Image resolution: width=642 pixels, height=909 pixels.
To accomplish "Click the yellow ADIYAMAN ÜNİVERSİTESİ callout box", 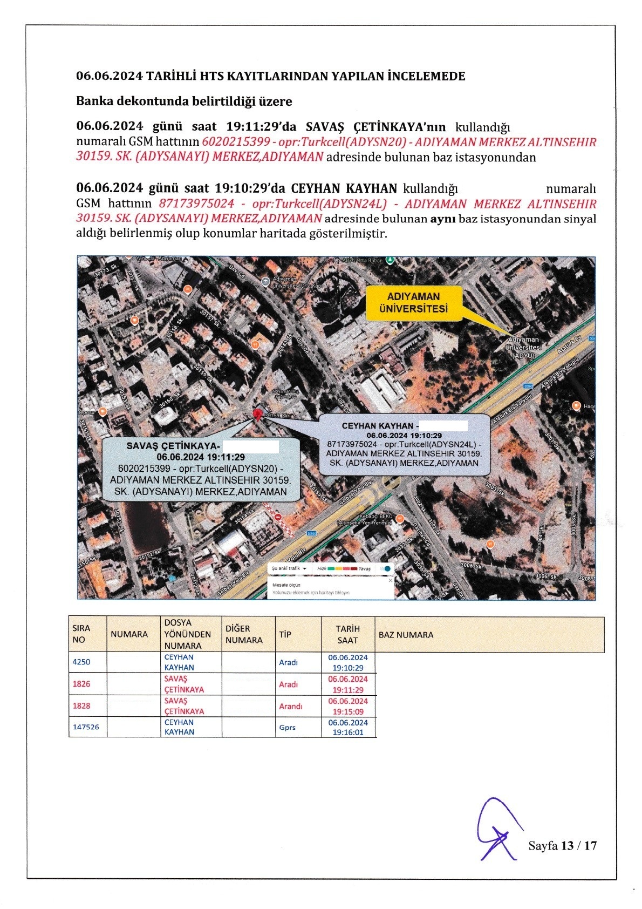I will pos(413,303).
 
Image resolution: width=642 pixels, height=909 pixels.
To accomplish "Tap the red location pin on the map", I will pos(258,415).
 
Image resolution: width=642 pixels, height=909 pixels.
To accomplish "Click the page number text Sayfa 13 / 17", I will pos(562,845).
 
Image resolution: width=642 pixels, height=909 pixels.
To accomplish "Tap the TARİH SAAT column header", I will pos(348,634).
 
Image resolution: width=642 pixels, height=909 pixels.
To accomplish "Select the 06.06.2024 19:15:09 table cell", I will pos(348,706).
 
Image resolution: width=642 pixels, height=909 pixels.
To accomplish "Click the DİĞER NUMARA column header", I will pos(244,634).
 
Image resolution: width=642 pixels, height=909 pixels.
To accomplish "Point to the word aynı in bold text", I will pos(442,219).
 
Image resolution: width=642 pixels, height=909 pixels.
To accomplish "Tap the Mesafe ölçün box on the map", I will pos(330,588).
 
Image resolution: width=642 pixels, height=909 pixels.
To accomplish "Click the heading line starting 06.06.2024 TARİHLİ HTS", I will pos(270,76).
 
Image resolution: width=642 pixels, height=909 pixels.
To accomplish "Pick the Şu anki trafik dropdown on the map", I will pos(289,568).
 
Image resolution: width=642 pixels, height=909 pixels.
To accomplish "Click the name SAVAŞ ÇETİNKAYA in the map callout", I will pos(173,446).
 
